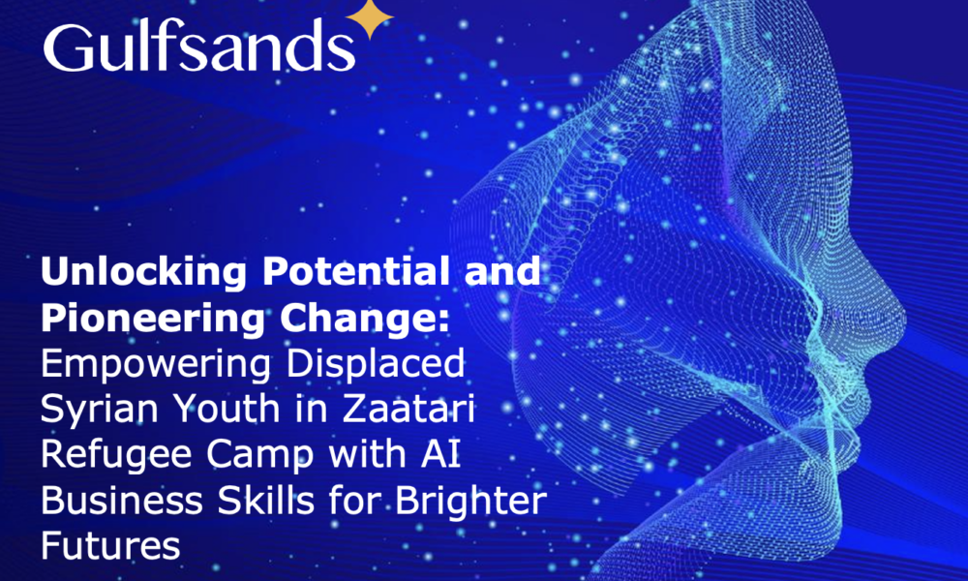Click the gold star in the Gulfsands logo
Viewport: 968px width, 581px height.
(x=370, y=18)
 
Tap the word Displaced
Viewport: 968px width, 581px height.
(x=376, y=364)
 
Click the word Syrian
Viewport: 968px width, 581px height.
(x=100, y=410)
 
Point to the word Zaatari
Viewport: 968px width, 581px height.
(x=408, y=408)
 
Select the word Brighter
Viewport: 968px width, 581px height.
(x=471, y=501)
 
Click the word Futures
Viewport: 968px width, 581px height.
(x=110, y=546)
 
